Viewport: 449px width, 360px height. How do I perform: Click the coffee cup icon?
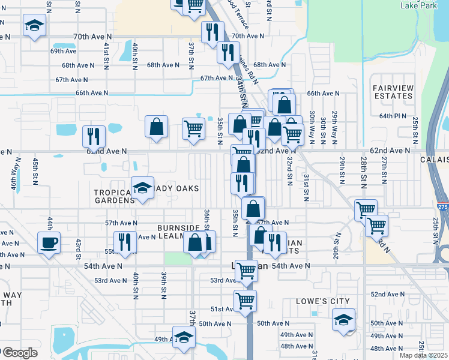49,243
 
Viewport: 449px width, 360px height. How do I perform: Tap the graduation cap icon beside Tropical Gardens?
143,188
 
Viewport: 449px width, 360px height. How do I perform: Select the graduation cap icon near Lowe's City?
344,319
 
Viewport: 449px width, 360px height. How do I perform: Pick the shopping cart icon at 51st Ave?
245,301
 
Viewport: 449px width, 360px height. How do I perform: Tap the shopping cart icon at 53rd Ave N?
246,271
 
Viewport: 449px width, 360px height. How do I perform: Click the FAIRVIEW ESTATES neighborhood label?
393,92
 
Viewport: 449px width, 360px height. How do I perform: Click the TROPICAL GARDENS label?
114,197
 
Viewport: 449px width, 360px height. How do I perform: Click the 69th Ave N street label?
63,51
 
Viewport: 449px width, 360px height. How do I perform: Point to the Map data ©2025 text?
423,355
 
